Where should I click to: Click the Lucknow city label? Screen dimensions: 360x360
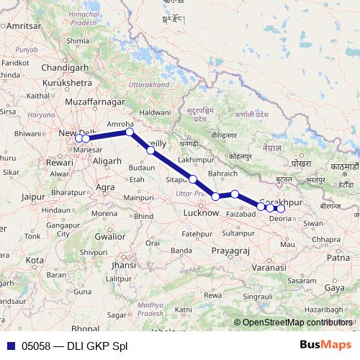click(x=201, y=213)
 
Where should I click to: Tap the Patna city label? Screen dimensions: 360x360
click(x=338, y=257)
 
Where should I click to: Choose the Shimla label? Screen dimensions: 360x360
click(x=77, y=42)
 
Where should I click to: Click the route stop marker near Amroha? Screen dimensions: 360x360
click(x=129, y=132)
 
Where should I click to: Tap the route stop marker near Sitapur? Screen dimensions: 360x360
click(x=193, y=179)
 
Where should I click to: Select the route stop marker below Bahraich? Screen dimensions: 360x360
click(x=235, y=194)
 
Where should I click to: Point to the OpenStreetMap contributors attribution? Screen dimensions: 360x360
click(x=295, y=323)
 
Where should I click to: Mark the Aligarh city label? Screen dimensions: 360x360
click(x=107, y=161)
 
